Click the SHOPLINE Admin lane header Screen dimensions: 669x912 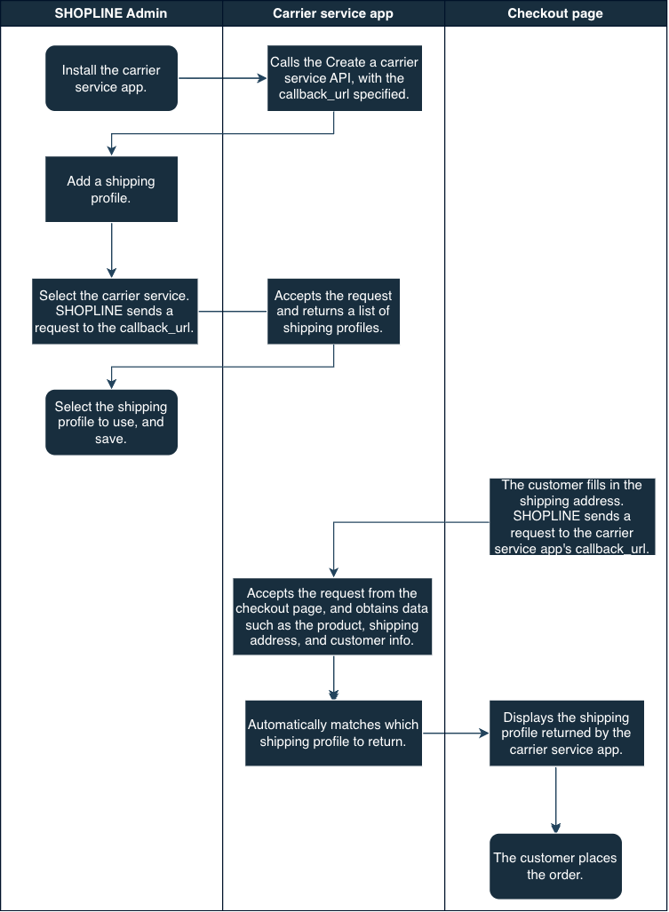point(111,13)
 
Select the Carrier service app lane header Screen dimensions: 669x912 point(333,13)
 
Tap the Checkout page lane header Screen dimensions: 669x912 point(555,13)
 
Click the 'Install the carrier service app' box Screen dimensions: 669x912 point(111,78)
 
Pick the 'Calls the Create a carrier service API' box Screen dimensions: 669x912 point(345,78)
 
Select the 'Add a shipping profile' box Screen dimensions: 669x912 point(111,189)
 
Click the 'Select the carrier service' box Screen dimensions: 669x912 point(115,311)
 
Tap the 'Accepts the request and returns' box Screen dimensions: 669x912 point(333,311)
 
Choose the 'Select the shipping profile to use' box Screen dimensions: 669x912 point(111,423)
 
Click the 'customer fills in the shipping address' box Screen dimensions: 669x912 point(572,517)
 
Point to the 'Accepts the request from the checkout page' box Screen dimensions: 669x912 point(332,616)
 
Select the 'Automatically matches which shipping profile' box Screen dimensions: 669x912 point(333,733)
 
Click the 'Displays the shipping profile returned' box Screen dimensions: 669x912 point(567,733)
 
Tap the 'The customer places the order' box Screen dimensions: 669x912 point(555,866)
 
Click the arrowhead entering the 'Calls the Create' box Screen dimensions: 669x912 point(262,78)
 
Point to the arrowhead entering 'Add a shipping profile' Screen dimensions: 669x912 point(111,151)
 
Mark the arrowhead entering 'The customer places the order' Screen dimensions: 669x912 point(555,828)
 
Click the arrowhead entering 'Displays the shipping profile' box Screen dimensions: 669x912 point(484,733)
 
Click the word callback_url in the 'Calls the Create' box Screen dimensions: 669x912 point(315,94)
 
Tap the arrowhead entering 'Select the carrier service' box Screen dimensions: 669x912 point(111,273)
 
